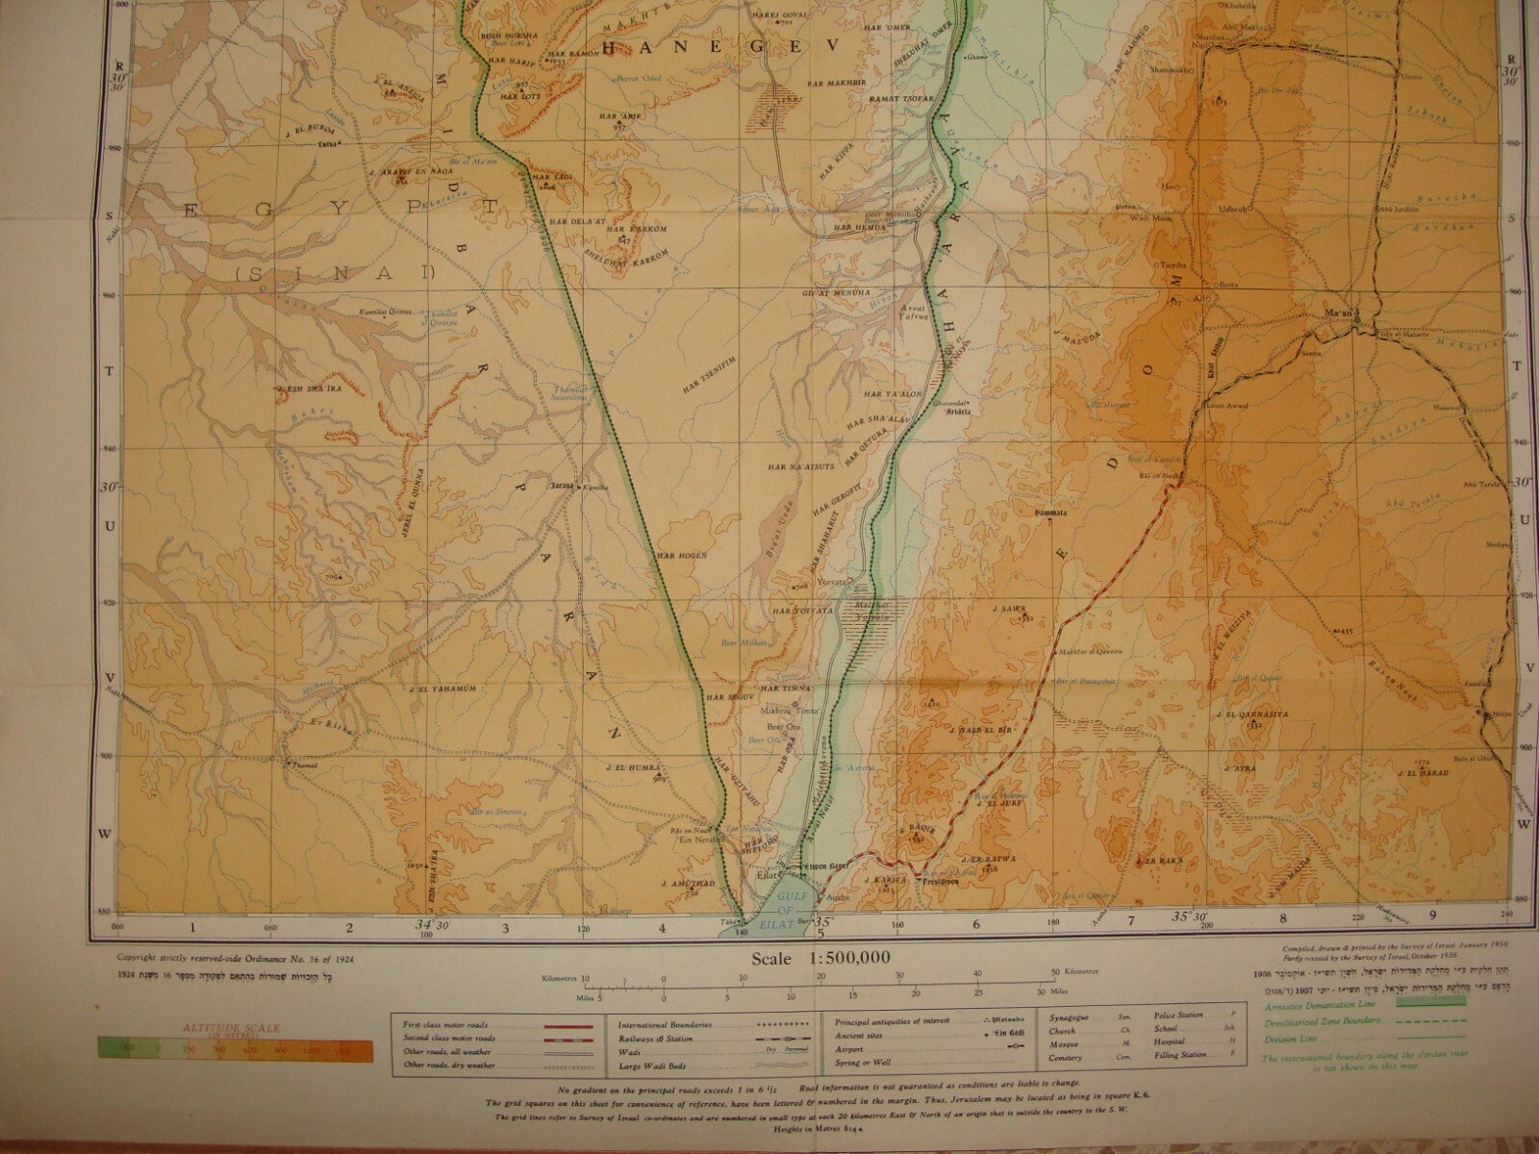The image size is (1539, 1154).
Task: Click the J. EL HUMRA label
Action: [x=629, y=766]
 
